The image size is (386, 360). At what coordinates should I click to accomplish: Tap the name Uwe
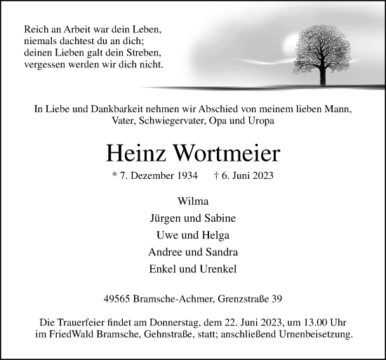170,235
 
